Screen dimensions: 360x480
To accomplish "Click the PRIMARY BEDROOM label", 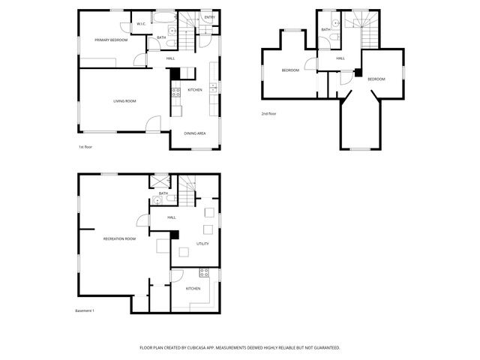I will tap(110, 40).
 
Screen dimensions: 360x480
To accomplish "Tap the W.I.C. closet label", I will tap(141, 23).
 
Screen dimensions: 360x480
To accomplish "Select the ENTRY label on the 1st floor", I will tap(208, 17).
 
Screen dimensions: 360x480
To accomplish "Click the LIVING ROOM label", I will tap(124, 100).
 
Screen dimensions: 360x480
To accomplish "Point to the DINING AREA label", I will tap(195, 133).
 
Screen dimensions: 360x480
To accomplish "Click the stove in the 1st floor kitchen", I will tap(175, 92).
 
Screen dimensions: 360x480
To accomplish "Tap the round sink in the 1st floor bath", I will tap(172, 31).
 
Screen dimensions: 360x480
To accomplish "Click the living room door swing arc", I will tap(152, 124).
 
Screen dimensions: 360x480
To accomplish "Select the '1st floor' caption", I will tap(85, 147).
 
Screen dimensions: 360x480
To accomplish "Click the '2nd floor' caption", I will tap(268, 114).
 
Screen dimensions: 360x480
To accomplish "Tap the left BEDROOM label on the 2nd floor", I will tap(290, 70).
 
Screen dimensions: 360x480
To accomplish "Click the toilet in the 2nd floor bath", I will tap(339, 22).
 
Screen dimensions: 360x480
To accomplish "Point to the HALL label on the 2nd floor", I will tap(340, 58).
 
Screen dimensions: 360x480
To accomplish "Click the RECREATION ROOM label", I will tap(120, 238).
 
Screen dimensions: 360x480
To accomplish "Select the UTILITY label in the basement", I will tap(202, 244).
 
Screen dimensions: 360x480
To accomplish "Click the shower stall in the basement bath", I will tap(159, 181).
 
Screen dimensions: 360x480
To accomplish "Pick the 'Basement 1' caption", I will tap(85, 310).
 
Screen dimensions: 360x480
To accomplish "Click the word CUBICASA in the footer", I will tap(201, 348).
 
